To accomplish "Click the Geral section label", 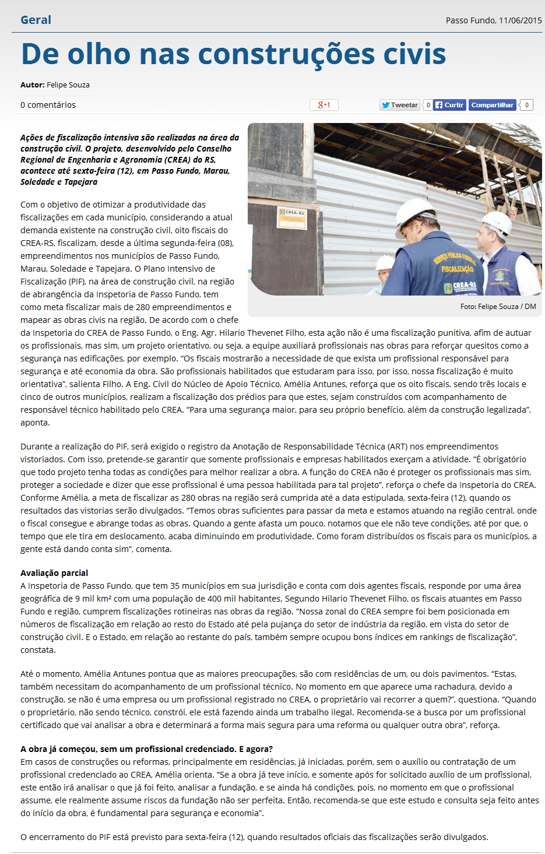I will (36, 20).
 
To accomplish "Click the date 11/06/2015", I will (520, 20).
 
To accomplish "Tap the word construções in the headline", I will (287, 54).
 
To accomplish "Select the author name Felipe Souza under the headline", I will (68, 85).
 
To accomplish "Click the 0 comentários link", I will (48, 105).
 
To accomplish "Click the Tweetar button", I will (400, 105).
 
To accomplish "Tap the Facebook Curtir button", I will (449, 105).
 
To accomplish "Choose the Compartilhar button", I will (493, 105).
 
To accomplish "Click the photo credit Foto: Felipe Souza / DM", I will (498, 307).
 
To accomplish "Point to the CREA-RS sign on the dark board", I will (295, 213).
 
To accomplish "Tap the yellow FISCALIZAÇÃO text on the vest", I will (457, 269).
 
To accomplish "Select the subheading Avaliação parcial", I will (54, 573).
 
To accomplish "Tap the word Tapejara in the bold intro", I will (81, 182).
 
